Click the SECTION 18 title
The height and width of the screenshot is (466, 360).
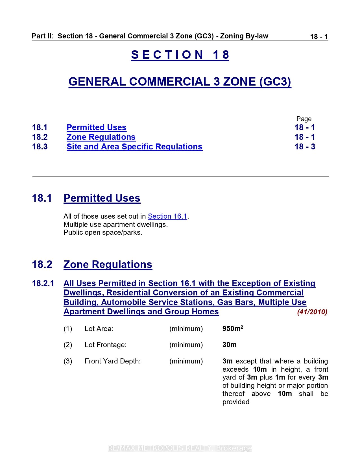pos(180,55)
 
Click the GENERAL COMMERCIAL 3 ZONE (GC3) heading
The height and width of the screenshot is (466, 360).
pos(180,82)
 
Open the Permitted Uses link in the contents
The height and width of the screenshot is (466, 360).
pos(96,127)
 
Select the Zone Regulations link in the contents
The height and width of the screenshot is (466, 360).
pos(101,137)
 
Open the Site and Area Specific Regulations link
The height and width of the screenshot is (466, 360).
pos(134,147)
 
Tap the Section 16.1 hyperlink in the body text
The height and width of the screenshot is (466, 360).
pos(167,216)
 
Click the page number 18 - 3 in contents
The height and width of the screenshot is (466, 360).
pos(305,147)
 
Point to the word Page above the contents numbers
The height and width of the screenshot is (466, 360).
pos(304,119)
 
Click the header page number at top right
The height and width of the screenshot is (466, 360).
pos(319,37)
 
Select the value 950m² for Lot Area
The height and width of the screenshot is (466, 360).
pos(233,328)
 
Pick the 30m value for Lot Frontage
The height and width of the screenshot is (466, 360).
pos(229,345)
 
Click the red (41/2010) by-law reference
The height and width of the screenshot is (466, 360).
pos(312,312)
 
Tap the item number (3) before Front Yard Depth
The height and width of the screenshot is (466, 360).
pos(68,361)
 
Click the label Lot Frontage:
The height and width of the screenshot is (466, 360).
pos(106,345)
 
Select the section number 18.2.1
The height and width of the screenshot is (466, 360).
pos(43,283)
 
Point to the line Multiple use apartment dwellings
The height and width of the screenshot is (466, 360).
pos(115,225)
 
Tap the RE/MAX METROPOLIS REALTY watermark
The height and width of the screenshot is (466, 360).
pos(180,448)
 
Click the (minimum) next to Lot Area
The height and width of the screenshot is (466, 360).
pos(186,329)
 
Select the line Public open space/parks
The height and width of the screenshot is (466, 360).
pos(103,232)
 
